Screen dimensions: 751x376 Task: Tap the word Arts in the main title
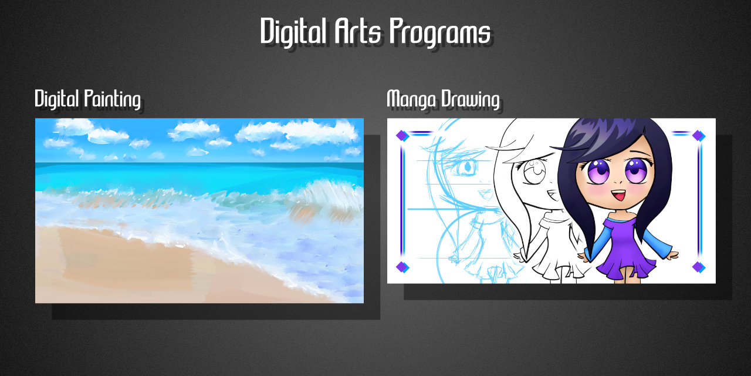(x=358, y=31)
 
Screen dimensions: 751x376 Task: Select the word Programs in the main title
(x=440, y=32)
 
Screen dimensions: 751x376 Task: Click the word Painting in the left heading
(x=112, y=100)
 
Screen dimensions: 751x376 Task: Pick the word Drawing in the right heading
(x=470, y=100)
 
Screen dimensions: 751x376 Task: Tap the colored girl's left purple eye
(x=599, y=170)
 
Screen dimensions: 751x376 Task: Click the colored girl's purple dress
(x=624, y=249)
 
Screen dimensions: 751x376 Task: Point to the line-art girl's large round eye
(x=535, y=172)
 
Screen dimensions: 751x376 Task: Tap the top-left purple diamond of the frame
(x=401, y=136)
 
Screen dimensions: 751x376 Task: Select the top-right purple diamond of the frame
(x=698, y=136)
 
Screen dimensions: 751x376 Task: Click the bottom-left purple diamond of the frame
(x=401, y=267)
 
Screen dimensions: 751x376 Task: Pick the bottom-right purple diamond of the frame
(x=698, y=267)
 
